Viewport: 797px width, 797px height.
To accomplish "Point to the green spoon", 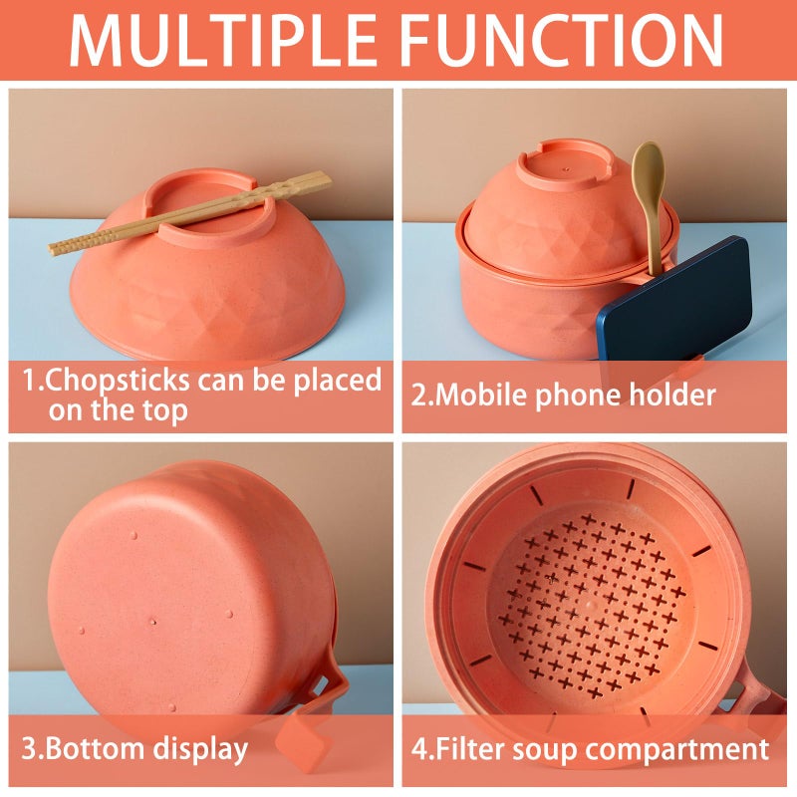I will (x=649, y=199).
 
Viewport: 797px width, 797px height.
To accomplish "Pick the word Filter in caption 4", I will (x=468, y=748).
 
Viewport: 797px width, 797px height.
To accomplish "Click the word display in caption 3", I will (x=199, y=749).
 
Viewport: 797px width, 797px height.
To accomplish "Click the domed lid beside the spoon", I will (x=558, y=224).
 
